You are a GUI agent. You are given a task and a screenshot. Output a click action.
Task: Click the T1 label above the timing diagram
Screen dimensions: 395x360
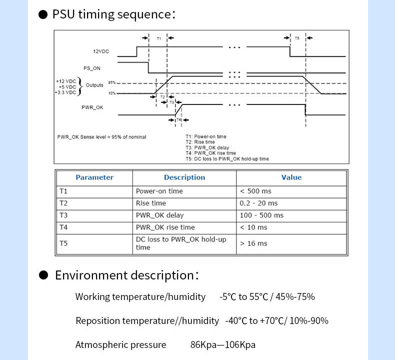pos(158,38)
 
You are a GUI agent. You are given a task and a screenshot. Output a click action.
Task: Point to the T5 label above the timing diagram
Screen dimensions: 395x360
pos(297,38)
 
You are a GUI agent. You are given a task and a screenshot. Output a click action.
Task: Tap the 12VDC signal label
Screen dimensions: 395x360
pos(101,51)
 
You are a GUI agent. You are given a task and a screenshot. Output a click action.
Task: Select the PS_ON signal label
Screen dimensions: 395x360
pos(92,68)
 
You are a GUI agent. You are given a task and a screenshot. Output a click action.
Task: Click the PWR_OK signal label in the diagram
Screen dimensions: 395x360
pos(92,107)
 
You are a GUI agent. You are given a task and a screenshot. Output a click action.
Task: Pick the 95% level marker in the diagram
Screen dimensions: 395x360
pos(112,82)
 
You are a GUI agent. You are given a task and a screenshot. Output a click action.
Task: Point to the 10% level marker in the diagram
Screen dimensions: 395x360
pos(112,93)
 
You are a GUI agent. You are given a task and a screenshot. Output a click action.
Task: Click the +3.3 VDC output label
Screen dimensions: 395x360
pos(65,92)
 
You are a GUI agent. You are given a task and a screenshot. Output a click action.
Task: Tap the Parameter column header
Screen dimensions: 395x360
pos(94,177)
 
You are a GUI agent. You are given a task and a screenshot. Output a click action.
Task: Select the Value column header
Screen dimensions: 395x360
pos(291,177)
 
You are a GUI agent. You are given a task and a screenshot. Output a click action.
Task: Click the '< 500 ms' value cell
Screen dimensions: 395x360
pos(255,191)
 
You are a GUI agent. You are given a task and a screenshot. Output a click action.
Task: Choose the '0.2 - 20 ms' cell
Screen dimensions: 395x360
pos(258,203)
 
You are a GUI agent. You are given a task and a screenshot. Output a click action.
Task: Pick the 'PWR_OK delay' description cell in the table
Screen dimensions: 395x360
pos(159,215)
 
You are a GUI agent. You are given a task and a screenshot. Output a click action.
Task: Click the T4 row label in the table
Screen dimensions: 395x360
pos(63,227)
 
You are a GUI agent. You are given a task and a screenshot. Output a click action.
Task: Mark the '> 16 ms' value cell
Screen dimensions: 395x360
pos(253,243)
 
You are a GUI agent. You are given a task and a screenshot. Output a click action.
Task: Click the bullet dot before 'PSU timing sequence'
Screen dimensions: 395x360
pos(43,14)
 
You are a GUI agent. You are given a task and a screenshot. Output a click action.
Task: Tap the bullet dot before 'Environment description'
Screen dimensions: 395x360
pos(43,275)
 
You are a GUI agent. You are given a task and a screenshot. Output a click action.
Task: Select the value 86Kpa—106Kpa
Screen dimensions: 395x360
pos(223,344)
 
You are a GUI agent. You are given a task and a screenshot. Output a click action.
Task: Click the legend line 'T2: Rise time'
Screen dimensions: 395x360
pos(200,142)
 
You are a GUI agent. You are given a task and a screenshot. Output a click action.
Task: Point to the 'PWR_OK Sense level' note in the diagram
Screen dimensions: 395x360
pos(102,137)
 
